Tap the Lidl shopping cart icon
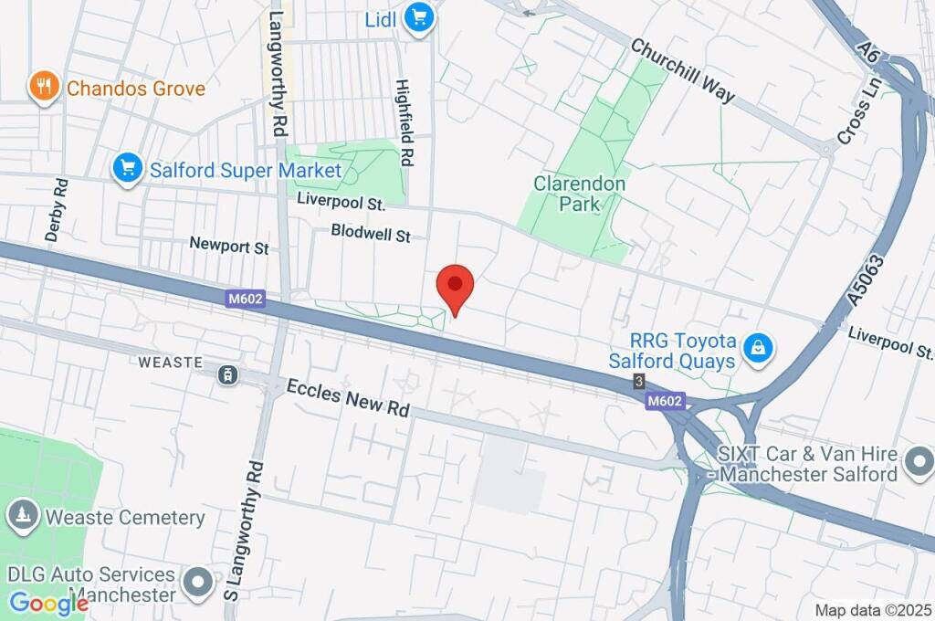coord(419,17)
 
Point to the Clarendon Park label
coord(580,194)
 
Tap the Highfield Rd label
coord(405,123)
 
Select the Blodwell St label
coord(371,234)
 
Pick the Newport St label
coord(229,245)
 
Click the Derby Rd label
coord(57,210)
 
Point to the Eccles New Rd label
coord(348,398)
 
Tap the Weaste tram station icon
coord(226,374)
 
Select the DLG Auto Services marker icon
coord(197,581)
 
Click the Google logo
coord(48,604)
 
